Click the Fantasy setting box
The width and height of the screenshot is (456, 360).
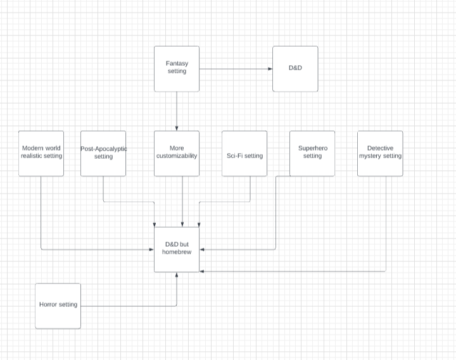pos(177,68)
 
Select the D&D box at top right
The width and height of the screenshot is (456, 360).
pos(295,68)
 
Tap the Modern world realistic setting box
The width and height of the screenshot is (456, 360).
pos(41,153)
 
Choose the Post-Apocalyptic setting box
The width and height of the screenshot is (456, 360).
pos(103,153)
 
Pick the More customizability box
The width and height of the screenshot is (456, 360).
pos(177,153)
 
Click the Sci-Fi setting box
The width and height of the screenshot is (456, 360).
pos(244,153)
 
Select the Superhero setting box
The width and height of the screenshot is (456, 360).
pos(312,153)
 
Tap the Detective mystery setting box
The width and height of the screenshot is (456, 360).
pos(380,153)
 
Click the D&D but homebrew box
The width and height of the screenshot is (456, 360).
pos(177,249)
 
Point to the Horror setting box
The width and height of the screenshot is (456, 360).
pos(58,306)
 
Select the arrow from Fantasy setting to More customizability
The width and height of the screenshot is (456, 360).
pos(177,111)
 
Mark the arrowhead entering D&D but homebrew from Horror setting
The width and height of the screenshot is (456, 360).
pos(177,276)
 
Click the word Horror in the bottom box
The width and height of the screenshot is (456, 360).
pos(48,304)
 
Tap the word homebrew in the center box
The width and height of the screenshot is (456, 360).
pos(177,252)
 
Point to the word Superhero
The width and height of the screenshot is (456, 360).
pos(312,148)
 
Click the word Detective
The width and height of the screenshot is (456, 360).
pos(380,148)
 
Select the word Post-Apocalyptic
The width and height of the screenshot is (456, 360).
pos(104,149)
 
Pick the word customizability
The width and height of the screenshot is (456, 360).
pos(177,156)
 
